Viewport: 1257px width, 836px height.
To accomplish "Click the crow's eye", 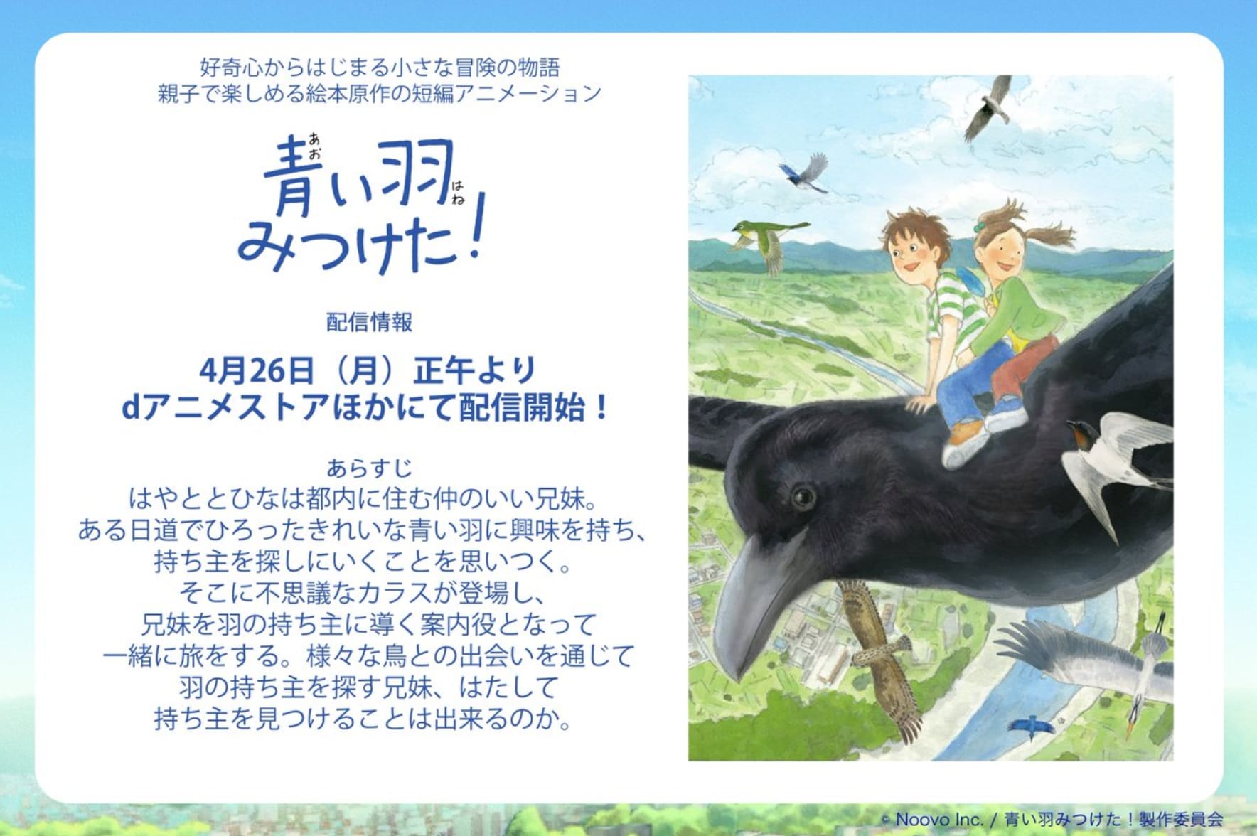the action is [x=803, y=495].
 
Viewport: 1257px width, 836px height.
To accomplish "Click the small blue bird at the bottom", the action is [x=1030, y=725].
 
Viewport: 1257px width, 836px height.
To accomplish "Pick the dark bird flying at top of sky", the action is [x=989, y=106].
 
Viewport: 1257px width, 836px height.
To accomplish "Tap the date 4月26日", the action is [x=256, y=370].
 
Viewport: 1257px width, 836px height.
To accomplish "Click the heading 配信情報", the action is [x=369, y=322].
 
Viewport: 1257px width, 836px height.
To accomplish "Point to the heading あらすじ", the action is [x=369, y=468].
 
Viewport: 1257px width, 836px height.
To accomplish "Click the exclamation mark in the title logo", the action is [x=474, y=225].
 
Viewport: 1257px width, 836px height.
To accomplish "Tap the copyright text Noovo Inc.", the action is [x=939, y=819].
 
